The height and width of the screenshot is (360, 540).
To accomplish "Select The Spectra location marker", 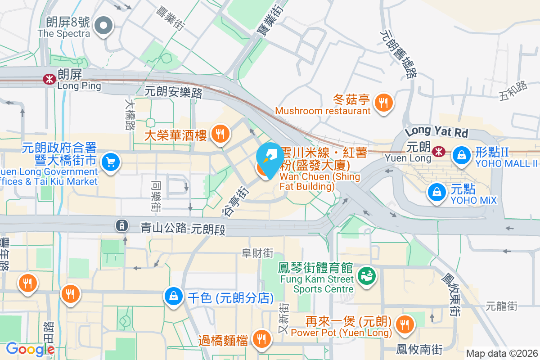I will (104, 25).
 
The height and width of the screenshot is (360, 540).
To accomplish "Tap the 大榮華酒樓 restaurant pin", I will (220, 134).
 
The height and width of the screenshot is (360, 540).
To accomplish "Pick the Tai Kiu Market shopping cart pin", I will (110, 162).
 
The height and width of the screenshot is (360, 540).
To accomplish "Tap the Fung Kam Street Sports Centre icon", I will (367, 275).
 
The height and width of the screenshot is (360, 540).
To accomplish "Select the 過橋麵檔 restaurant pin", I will (261, 339).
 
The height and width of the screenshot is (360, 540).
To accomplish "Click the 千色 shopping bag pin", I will (174, 297).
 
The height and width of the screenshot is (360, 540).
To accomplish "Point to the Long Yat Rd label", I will (436, 132).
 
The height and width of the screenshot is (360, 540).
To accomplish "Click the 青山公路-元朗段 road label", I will (183, 229).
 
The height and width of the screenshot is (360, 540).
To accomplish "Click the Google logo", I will (30, 349).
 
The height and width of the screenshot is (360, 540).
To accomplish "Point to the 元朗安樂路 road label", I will (174, 92).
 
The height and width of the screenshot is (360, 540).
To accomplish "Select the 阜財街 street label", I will (257, 253).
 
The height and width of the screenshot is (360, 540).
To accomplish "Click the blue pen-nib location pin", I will (270, 159).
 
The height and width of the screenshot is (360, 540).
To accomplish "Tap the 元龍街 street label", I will (502, 306).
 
